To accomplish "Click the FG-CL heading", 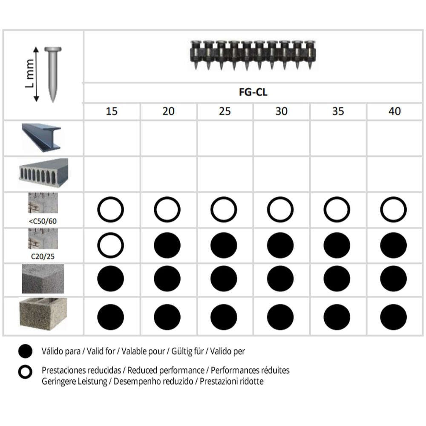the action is (x=253, y=92).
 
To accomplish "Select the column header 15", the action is (x=111, y=111).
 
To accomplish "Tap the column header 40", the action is (x=394, y=111).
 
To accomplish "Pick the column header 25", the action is (x=225, y=111).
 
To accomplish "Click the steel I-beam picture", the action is (x=42, y=138).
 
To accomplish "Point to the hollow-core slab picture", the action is (x=43, y=173).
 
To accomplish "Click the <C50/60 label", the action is (x=43, y=221).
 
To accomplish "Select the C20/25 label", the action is (x=43, y=256).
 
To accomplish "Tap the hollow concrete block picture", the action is (x=43, y=314).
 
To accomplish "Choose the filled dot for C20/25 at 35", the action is (x=337, y=245).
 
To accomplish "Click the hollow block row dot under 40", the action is (x=393, y=317).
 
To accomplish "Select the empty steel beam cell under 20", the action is (x=168, y=138).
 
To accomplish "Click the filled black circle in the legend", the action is (x=25, y=351).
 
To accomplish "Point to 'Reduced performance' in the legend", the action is (x=166, y=370).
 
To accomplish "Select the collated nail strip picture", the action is (x=253, y=55).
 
